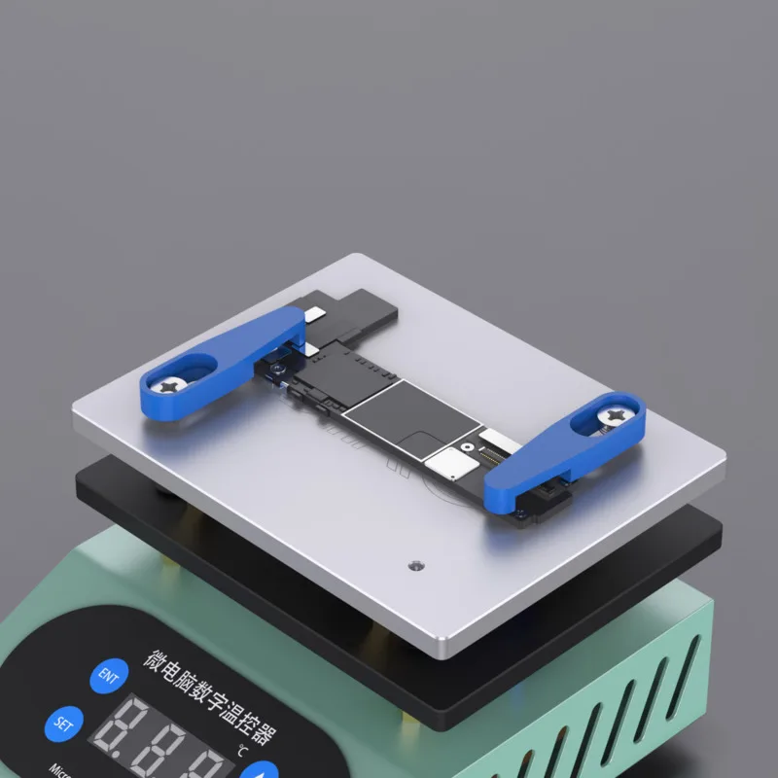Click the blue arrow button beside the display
[260, 768]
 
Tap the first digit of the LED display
[120, 739]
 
